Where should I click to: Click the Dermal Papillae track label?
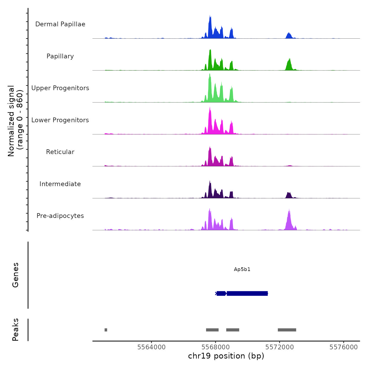60,24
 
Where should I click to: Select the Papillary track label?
60,56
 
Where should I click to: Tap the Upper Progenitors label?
60,88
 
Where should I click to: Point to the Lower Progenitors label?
60,120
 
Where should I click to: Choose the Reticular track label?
60,152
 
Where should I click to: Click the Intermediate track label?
60,184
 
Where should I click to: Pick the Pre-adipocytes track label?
60,216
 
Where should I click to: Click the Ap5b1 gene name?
242,269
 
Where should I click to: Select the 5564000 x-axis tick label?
151,347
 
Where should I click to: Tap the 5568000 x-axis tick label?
216,347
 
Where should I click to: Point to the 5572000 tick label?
279,347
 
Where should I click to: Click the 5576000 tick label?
344,347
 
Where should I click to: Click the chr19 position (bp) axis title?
226,356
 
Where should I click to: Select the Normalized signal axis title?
15,121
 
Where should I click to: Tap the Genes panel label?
16,275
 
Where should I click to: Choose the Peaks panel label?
16,330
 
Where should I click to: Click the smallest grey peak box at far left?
106,330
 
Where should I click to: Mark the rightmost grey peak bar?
287,330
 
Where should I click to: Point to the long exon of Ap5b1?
247,293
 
